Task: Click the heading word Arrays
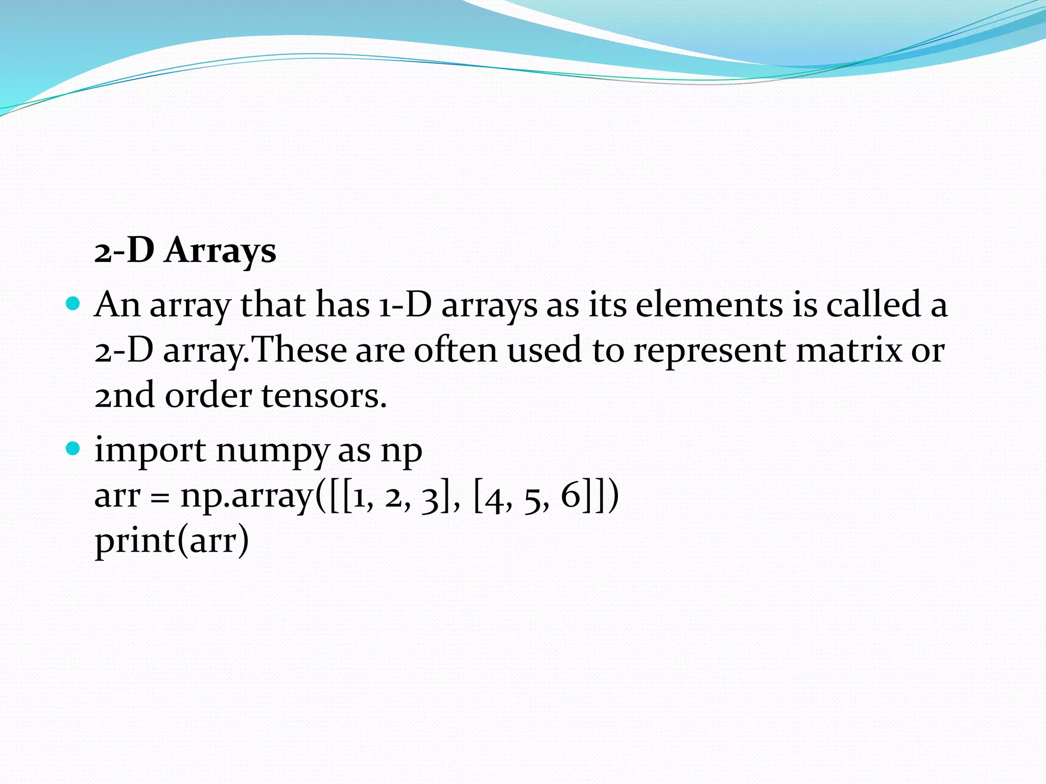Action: (x=220, y=251)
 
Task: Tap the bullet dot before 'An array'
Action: (x=74, y=304)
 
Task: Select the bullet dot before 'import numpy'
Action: (x=74, y=449)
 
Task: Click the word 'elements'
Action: (x=709, y=305)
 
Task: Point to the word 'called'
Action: (x=874, y=305)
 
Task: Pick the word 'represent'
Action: (x=709, y=351)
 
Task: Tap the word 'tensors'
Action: (x=324, y=396)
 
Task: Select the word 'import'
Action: (x=150, y=451)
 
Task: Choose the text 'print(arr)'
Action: (x=172, y=541)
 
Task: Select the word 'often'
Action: (x=456, y=351)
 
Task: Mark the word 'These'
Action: (x=299, y=351)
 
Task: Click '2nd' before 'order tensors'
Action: (x=124, y=396)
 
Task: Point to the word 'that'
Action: (x=272, y=305)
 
